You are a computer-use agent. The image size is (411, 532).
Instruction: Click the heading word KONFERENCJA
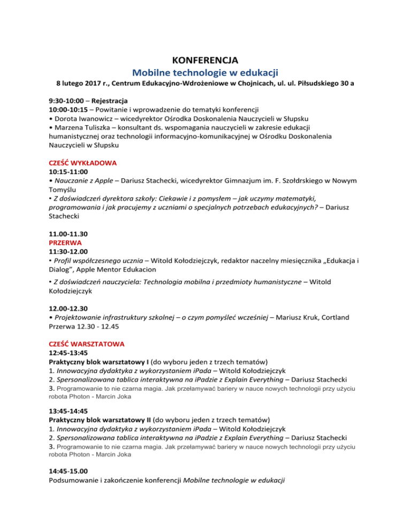click(x=205, y=59)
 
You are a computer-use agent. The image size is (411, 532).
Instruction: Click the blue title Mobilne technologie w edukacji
click(x=205, y=72)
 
